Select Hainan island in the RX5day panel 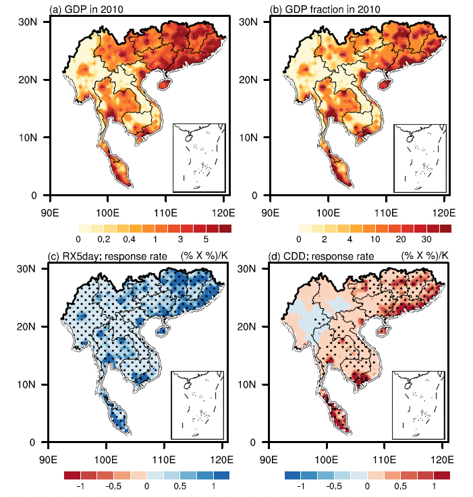point(163,330)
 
